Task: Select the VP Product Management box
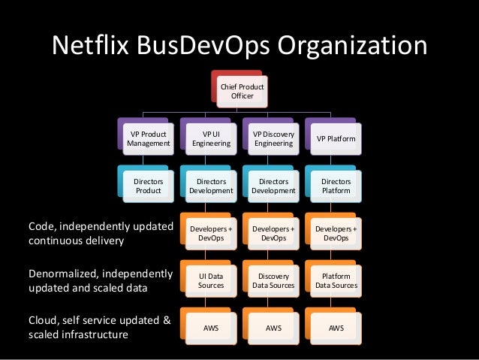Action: (149, 138)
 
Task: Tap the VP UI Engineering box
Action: (211, 138)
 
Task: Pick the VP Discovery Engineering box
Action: (273, 138)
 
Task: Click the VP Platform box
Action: (336, 138)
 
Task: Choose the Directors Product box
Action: (149, 186)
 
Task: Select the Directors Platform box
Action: (336, 186)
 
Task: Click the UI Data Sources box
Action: (211, 280)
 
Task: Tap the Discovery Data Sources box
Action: (273, 280)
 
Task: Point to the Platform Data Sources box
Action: (336, 280)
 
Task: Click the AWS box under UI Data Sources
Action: (211, 328)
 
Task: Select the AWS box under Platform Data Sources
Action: (336, 328)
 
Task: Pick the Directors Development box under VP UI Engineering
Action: (211, 186)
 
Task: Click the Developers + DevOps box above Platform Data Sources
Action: (336, 233)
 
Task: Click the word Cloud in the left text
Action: (44, 321)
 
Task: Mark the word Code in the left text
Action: (42, 226)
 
